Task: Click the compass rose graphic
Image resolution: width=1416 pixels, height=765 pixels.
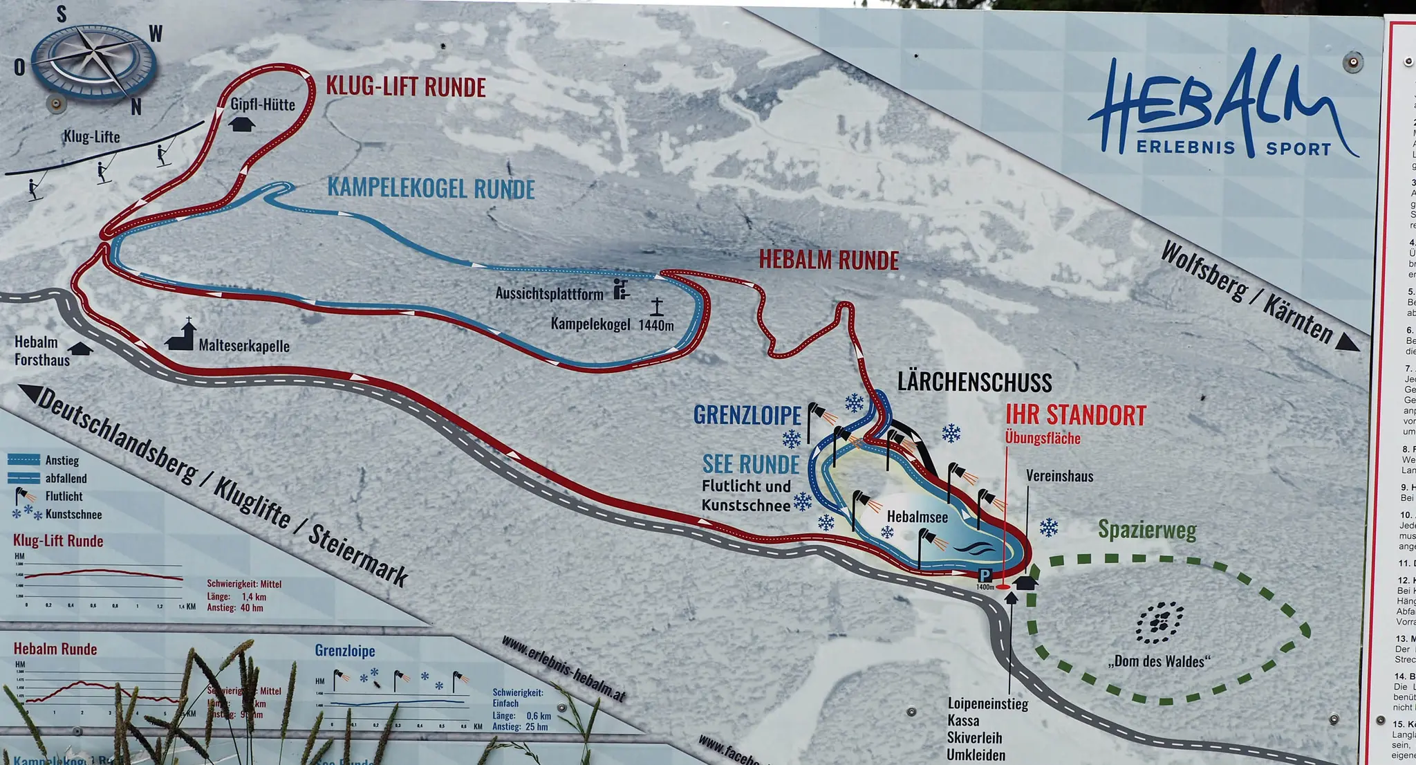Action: point(93,62)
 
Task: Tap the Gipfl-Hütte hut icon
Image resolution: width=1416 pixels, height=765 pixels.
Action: point(241,125)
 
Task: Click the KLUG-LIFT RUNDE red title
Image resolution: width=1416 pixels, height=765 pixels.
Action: point(406,88)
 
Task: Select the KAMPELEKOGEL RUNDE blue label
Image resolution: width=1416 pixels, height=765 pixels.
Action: point(431,189)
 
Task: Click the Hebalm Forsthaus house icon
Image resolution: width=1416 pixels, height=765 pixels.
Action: point(81,349)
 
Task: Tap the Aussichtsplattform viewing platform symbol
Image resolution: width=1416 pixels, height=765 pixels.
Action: point(621,289)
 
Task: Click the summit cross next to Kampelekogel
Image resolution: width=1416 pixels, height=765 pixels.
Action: point(656,306)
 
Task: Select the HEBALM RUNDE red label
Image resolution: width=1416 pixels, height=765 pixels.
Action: point(828,260)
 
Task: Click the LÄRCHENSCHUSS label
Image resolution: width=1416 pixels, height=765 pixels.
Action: point(974,383)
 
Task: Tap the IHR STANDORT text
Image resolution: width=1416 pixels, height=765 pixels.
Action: point(1075,416)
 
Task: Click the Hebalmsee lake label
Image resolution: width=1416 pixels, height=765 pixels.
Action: point(917,517)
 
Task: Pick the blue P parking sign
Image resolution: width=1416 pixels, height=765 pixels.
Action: point(985,575)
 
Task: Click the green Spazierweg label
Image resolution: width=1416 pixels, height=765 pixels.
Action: point(1147,531)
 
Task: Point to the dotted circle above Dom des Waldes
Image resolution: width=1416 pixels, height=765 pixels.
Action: point(1159,622)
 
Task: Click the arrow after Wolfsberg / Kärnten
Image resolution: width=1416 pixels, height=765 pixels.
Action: point(1347,342)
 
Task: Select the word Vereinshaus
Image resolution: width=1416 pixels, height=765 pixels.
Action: point(1059,476)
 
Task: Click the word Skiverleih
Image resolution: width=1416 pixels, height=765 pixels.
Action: point(974,738)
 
